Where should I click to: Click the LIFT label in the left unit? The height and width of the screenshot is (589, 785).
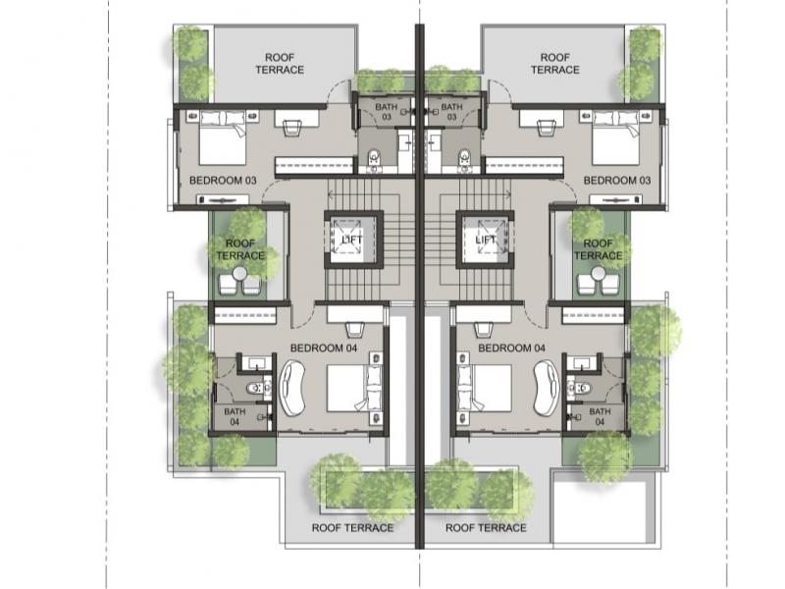(x=352, y=240)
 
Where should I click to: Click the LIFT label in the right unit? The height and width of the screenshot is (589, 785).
(x=486, y=240)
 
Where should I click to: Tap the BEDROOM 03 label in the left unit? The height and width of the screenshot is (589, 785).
(x=223, y=181)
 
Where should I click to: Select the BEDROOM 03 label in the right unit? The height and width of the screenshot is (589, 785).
(x=617, y=181)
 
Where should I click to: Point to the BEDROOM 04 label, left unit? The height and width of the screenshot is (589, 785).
(x=324, y=348)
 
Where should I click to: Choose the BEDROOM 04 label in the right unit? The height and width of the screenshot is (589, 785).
(x=511, y=348)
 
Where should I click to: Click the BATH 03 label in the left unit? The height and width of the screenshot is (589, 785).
(x=387, y=112)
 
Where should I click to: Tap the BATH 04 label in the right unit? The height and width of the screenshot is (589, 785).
(x=600, y=416)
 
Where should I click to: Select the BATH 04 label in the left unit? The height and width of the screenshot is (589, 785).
(x=235, y=416)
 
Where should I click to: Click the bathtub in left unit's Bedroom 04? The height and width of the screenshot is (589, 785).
(x=292, y=387)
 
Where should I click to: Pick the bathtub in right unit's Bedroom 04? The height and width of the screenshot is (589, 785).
(x=546, y=387)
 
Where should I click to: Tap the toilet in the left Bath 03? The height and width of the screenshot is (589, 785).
(x=374, y=160)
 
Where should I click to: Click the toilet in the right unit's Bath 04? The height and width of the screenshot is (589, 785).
(x=581, y=388)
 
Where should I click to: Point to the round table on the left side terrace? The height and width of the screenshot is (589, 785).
(x=239, y=274)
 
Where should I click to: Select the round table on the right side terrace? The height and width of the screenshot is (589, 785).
(x=599, y=274)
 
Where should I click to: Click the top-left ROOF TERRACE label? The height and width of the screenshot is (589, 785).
(x=280, y=64)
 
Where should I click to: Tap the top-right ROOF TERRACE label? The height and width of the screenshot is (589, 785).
(x=555, y=64)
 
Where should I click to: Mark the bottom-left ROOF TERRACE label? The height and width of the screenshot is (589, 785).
(x=352, y=528)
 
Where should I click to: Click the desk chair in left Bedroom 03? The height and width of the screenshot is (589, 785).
(x=293, y=128)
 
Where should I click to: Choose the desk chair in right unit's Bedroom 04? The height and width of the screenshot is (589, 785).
(x=484, y=330)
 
